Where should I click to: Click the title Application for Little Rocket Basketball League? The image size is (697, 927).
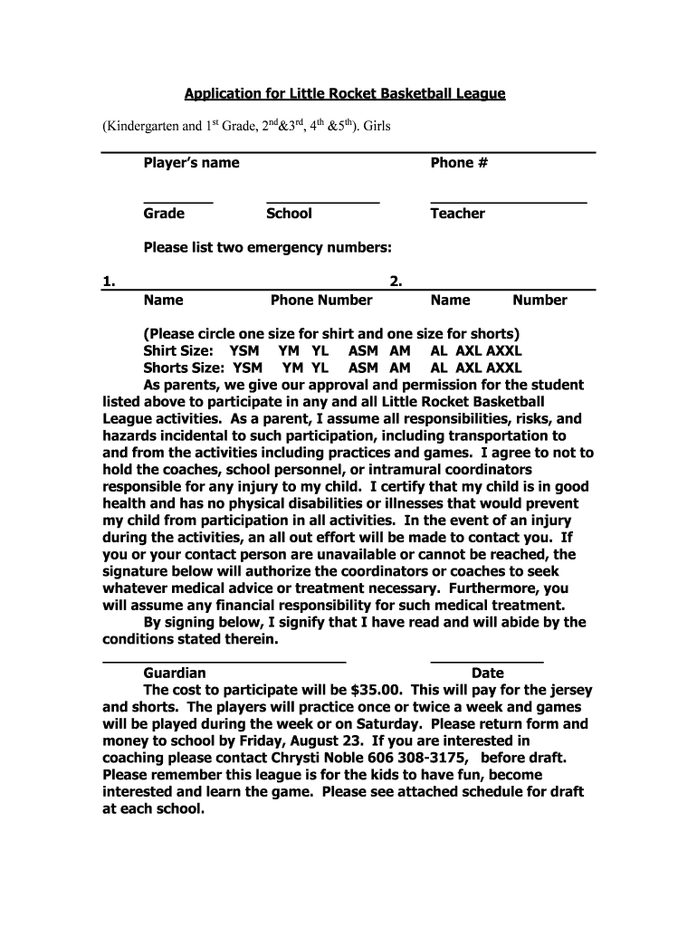pyautogui.click(x=345, y=93)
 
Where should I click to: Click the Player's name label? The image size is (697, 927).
pyautogui.click(x=191, y=163)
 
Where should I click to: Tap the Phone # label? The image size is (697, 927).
pyautogui.click(x=459, y=163)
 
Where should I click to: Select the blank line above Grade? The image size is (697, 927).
pyautogui.click(x=177, y=201)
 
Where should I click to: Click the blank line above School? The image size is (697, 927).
pyautogui.click(x=322, y=201)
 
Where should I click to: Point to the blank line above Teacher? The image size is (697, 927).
pyautogui.click(x=508, y=201)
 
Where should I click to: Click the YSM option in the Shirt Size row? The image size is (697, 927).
pyautogui.click(x=244, y=351)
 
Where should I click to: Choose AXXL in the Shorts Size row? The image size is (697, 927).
pyautogui.click(x=504, y=368)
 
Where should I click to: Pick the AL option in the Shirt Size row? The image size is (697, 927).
pyautogui.click(x=439, y=351)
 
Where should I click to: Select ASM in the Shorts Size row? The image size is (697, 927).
pyautogui.click(x=363, y=368)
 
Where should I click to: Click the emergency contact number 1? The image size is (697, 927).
pyautogui.click(x=109, y=282)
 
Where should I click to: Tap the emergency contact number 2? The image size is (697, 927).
pyautogui.click(x=396, y=282)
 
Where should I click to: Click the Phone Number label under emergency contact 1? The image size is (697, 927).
pyautogui.click(x=321, y=301)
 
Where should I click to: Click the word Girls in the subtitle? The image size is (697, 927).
pyautogui.click(x=377, y=128)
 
